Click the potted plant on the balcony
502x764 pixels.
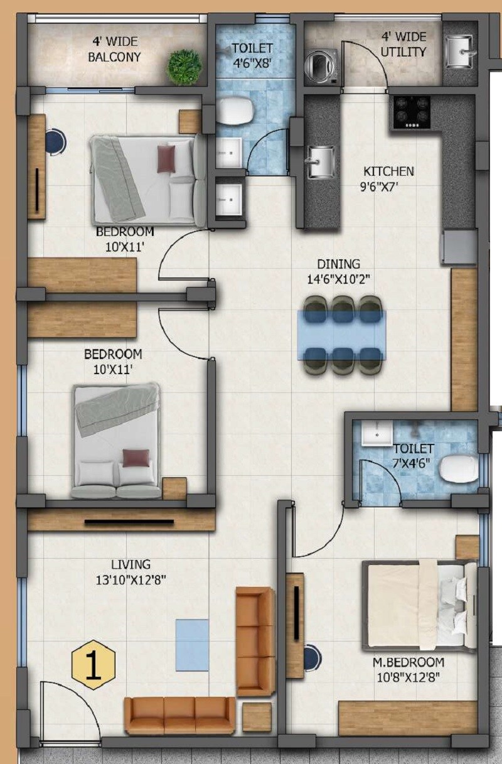point(184,66)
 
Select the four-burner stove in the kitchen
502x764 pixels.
point(412,112)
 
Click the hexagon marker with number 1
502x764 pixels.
point(93,667)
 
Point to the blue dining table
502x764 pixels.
point(342,335)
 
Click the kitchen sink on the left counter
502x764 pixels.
point(321,161)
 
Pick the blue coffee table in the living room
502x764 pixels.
point(192,645)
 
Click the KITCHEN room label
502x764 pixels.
point(388,171)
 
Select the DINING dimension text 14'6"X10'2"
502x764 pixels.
point(338,280)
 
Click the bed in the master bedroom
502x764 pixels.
point(417,605)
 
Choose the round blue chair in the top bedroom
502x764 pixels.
point(55,141)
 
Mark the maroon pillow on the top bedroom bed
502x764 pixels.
point(166,159)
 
